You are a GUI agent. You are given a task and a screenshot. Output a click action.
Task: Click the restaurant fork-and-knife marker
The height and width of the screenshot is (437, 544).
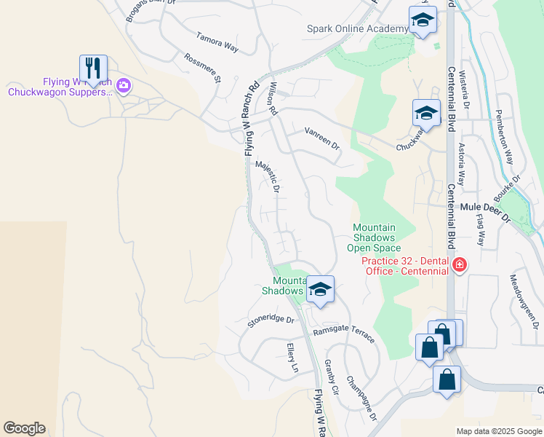93,68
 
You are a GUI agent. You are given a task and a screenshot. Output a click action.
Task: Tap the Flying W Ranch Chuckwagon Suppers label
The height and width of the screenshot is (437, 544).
60,87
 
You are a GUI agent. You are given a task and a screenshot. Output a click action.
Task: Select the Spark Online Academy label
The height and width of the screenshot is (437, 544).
357,28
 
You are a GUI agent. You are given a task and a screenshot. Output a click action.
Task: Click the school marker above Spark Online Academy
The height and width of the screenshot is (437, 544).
422,20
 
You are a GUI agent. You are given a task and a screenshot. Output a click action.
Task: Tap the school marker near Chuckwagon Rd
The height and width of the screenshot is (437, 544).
426,114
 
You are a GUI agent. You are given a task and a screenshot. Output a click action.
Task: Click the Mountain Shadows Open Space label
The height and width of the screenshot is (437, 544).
374,238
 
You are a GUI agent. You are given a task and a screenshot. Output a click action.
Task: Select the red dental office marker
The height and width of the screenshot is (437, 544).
459,264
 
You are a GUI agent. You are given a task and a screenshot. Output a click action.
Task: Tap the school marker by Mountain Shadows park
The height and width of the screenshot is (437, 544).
319,290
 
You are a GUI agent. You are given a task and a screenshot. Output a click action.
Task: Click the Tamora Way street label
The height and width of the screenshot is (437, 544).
217,42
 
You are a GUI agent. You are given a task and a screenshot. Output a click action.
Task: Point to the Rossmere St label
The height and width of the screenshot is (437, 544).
202,68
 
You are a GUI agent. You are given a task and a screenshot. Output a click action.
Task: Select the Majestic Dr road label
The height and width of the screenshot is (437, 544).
268,177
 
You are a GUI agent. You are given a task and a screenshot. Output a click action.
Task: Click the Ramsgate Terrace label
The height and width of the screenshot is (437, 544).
344,334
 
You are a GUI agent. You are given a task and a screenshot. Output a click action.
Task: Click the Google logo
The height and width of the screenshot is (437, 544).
24,428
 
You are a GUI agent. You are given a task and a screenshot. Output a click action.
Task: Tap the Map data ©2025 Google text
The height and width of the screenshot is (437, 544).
499,431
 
